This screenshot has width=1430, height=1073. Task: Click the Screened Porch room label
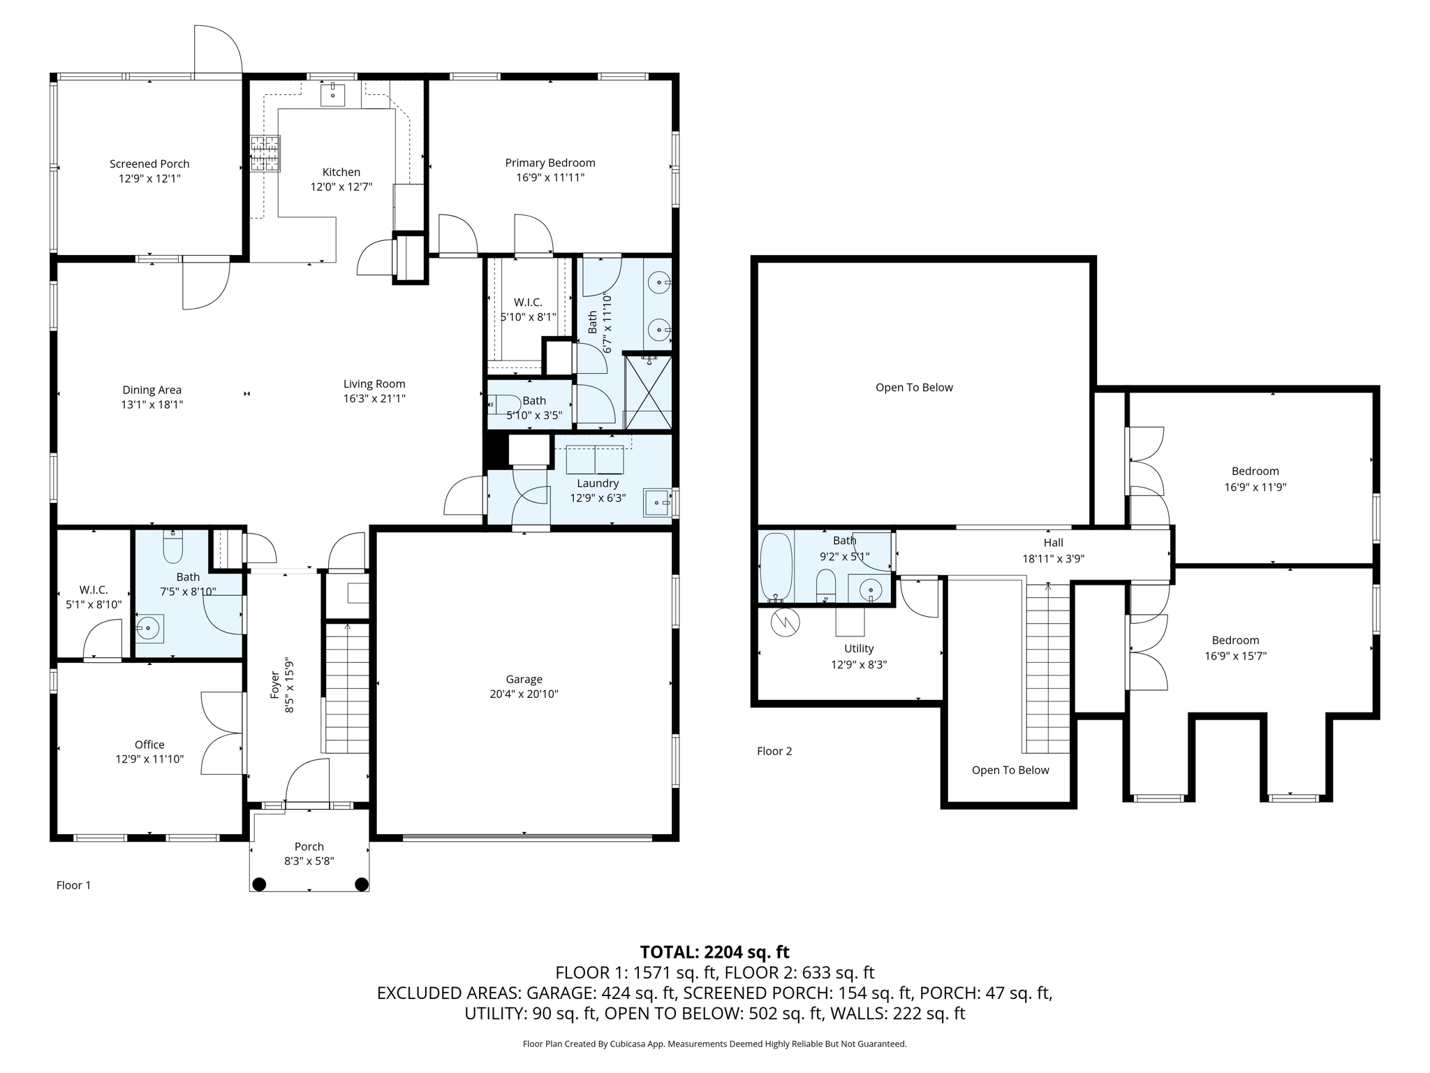click(x=149, y=164)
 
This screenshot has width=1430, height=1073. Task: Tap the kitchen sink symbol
click(x=333, y=94)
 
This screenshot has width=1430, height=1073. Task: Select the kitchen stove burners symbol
click(x=265, y=154)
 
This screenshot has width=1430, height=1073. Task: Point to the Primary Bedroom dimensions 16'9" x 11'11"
click(x=550, y=178)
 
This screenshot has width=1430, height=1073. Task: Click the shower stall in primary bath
click(x=648, y=392)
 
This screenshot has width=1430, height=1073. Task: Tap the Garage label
click(x=524, y=679)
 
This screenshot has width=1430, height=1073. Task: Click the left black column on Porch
click(x=259, y=884)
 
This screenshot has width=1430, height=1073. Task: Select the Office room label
click(x=149, y=745)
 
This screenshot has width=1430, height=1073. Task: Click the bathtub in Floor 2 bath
click(x=776, y=567)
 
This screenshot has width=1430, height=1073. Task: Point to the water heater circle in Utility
click(x=785, y=622)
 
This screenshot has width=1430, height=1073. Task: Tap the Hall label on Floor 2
click(x=1053, y=543)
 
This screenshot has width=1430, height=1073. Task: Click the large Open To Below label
click(x=914, y=388)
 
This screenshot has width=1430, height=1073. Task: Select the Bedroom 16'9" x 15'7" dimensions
click(x=1235, y=656)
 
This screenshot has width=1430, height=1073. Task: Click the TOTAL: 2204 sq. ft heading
click(x=714, y=952)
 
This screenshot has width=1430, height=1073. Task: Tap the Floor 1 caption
click(x=73, y=885)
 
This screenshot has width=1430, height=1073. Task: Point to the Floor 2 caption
click(x=774, y=751)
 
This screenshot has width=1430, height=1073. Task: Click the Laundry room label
click(x=598, y=483)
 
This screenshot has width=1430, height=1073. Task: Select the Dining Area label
click(x=152, y=390)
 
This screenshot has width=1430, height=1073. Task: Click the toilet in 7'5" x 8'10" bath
click(x=172, y=547)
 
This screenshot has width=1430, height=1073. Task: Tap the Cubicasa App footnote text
click(x=714, y=1044)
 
